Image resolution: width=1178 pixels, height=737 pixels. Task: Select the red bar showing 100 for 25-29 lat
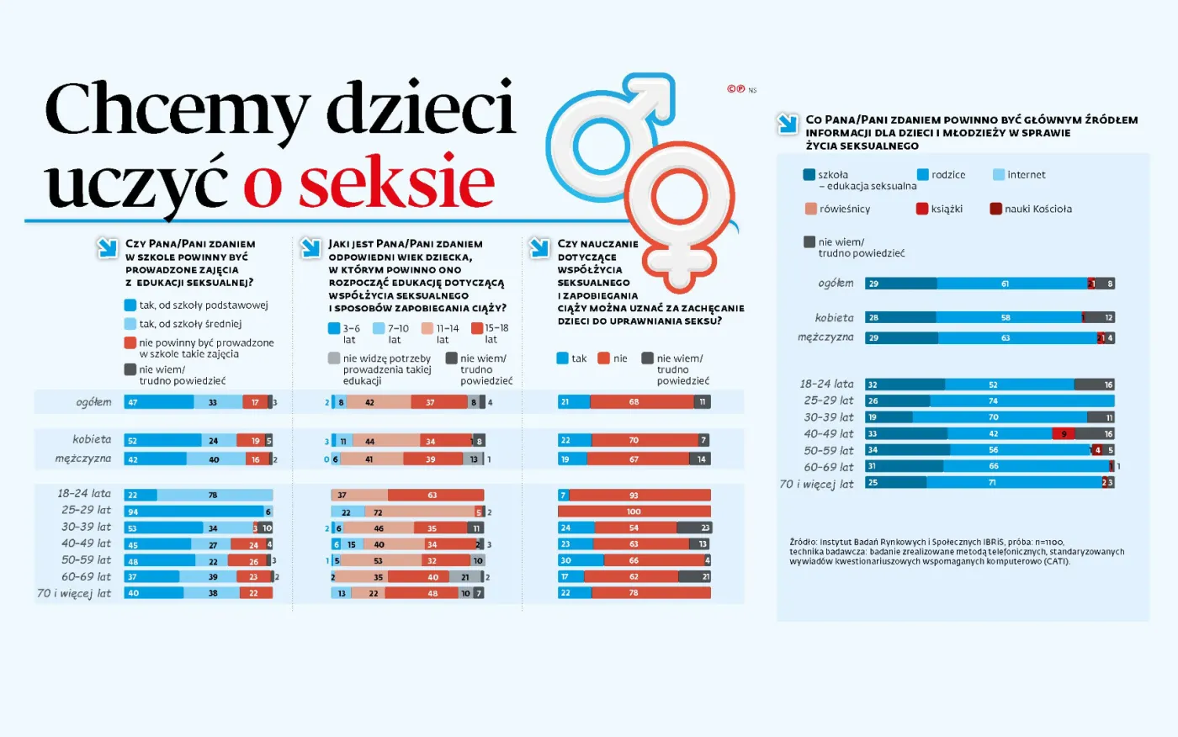click(x=634, y=512)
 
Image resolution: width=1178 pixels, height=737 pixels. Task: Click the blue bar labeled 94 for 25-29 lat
click(x=194, y=512)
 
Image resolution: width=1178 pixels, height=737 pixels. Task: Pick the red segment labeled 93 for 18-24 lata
click(x=639, y=496)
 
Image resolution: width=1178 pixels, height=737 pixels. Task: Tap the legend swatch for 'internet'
click(x=999, y=175)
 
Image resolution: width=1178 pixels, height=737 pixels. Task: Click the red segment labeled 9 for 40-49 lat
click(x=1064, y=434)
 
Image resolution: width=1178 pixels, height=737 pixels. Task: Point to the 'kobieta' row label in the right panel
click(x=834, y=318)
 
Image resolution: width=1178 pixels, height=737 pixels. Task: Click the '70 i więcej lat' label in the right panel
click(x=816, y=484)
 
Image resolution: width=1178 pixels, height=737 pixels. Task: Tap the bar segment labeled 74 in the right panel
click(x=1021, y=401)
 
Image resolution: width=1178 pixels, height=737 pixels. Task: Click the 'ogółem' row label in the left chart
click(x=93, y=402)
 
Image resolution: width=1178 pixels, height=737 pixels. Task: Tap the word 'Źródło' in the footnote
click(x=803, y=543)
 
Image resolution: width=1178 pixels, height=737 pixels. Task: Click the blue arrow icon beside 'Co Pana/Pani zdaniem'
click(x=788, y=124)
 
